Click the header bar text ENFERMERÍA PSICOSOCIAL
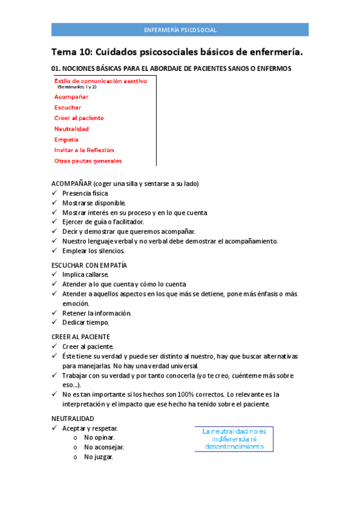click(180, 30)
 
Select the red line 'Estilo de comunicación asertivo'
click(100, 81)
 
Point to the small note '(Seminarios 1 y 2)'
click(76, 87)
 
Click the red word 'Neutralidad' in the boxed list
click(72, 129)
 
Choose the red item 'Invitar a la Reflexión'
click(84, 150)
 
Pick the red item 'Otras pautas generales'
click(88, 161)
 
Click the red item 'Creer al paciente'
click(79, 118)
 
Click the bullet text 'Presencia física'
click(85, 193)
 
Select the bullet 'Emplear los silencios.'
click(94, 251)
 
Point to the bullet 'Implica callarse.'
click(85, 274)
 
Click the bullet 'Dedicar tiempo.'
click(85, 322)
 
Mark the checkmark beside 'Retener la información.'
click(55, 313)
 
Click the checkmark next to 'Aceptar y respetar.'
click(55, 428)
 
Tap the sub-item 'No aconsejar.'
click(104, 447)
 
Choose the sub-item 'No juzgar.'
click(99, 456)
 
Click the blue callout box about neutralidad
click(234, 439)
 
